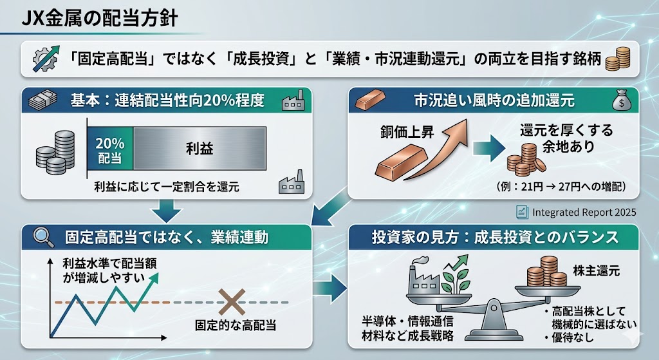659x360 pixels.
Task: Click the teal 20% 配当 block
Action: [x=109, y=150]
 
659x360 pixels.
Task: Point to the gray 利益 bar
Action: [x=200, y=150]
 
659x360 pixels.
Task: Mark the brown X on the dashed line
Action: [x=228, y=301]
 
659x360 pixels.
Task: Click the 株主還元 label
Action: [x=596, y=270]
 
